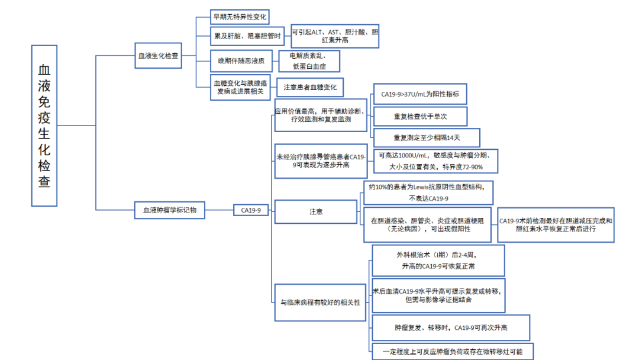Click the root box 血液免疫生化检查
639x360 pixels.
[x=44, y=126]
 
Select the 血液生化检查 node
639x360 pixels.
[x=158, y=56]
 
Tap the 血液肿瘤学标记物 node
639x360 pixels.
[x=170, y=210]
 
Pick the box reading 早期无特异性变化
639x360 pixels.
[x=239, y=17]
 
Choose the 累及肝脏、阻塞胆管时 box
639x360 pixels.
[x=248, y=36]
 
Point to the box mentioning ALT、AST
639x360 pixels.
[x=335, y=36]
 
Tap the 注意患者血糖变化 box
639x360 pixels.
[x=310, y=87]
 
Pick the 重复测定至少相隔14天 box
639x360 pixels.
[x=426, y=138]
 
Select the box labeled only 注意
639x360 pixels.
[x=316, y=211]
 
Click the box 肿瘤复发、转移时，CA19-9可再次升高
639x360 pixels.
[x=450, y=327]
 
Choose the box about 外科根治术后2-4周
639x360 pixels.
[x=438, y=261]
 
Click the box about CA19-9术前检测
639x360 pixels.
[x=556, y=224]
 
